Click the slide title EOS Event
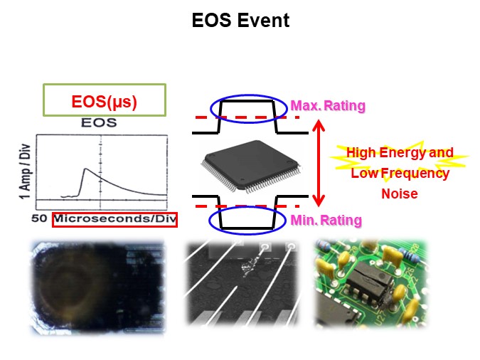(x=240, y=21)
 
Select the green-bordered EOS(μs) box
(x=105, y=101)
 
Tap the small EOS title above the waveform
(x=100, y=122)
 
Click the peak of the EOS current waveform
(x=85, y=169)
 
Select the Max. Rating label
(x=328, y=106)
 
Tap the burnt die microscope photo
(x=98, y=286)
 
